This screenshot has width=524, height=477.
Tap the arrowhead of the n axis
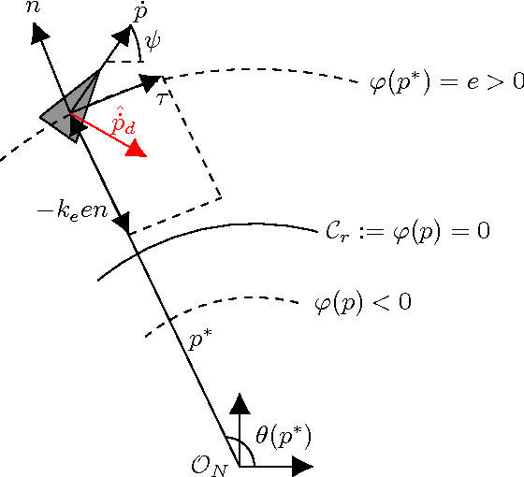40,33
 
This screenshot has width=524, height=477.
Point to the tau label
162,97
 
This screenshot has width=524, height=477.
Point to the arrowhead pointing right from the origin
301,465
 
